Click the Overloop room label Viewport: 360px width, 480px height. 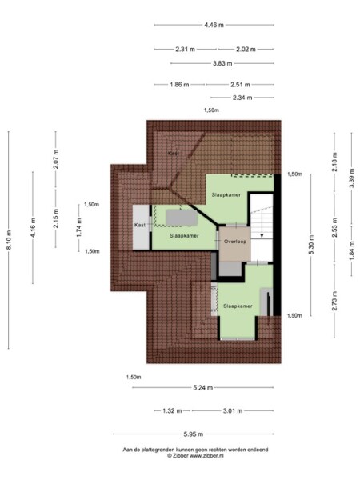235,240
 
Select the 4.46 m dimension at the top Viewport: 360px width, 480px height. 213,25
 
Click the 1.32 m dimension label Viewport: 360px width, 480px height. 168,410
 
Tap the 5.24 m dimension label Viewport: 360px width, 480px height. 203,388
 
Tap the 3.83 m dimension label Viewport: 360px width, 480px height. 222,63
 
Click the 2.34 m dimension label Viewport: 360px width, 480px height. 242,97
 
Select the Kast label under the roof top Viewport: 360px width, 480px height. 172,153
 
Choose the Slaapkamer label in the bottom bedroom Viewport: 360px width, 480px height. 238,306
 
